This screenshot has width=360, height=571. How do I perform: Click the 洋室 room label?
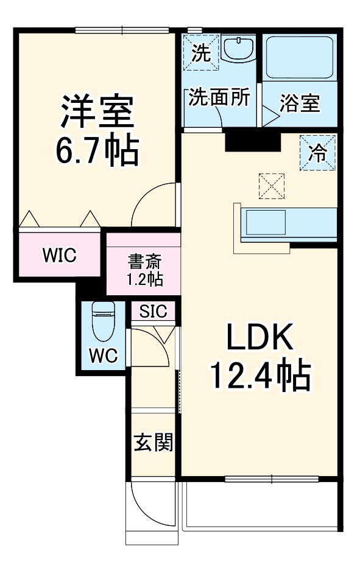coord(96,110)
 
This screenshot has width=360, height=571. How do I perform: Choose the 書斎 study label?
coord(144,262)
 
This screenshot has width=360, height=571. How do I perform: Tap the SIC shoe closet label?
coord(153,312)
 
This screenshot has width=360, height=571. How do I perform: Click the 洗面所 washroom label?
coord(219,97)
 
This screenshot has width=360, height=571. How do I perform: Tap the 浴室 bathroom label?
coord(300,103)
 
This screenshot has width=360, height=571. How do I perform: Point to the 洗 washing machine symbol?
coord(201,54)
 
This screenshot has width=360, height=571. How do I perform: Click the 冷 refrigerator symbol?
coord(317,152)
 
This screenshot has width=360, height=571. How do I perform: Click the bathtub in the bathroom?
coord(299,57)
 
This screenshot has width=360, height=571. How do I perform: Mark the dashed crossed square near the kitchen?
coord(272,186)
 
